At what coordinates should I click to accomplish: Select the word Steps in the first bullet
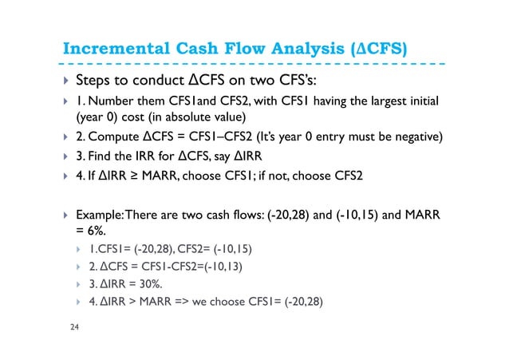click(94, 81)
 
